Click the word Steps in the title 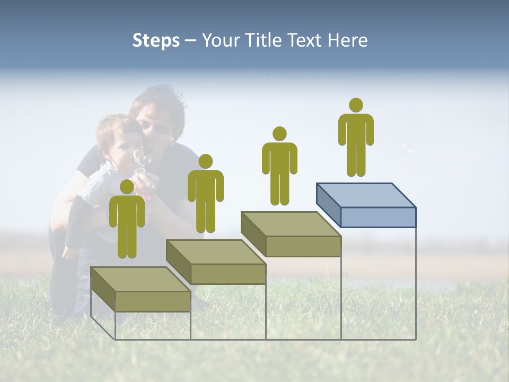click(x=156, y=40)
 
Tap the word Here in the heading click(x=347, y=40)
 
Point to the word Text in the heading click(x=305, y=40)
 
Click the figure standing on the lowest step click(x=127, y=223)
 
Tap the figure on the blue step click(x=356, y=141)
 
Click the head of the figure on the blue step click(x=356, y=105)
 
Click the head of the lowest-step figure click(x=127, y=187)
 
